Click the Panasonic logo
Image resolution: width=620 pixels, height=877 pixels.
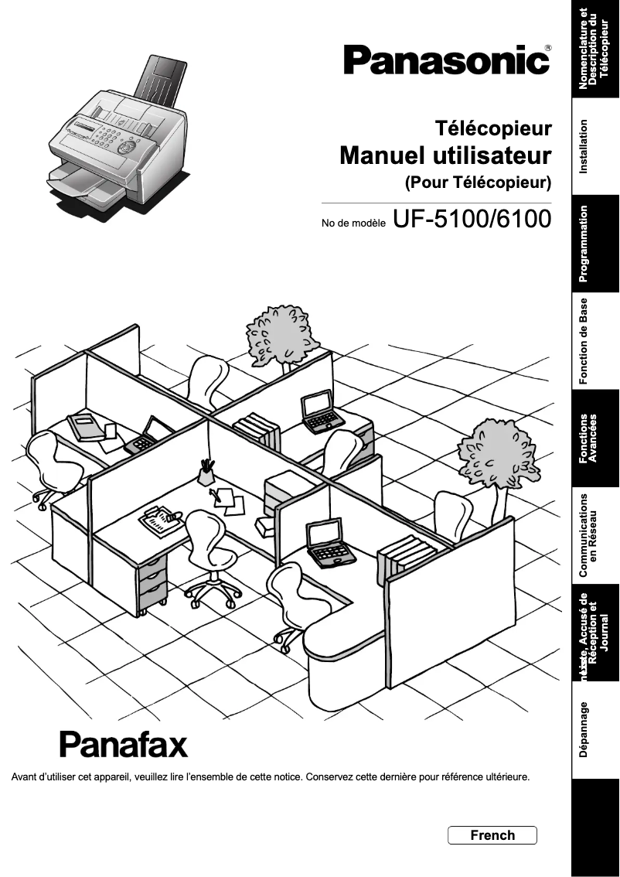[446, 60]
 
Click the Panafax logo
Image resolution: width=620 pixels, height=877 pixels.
[124, 744]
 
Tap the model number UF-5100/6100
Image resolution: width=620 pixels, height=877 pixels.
[472, 220]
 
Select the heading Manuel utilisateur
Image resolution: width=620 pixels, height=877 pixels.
[445, 155]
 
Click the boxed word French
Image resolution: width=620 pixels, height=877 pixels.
[492, 835]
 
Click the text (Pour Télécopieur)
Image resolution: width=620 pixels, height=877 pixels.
[478, 183]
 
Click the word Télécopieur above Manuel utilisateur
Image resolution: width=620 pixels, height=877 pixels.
[493, 127]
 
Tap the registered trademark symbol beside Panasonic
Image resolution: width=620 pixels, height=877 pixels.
[548, 48]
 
